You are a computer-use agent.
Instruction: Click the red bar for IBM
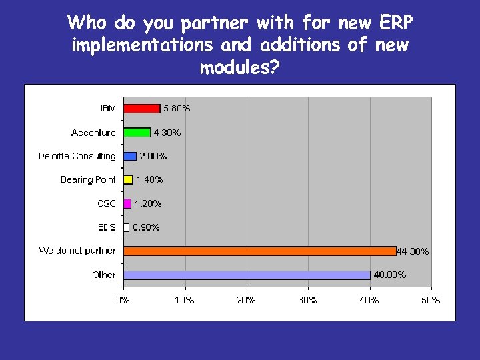pyautogui.click(x=141, y=109)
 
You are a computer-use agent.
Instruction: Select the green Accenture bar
pyautogui.click(x=137, y=133)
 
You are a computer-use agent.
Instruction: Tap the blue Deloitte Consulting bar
pyautogui.click(x=130, y=156)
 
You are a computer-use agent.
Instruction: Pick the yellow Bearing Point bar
pyautogui.click(x=128, y=179)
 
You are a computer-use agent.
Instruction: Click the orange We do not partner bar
pyautogui.click(x=260, y=251)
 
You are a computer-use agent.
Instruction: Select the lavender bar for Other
pyautogui.click(x=247, y=275)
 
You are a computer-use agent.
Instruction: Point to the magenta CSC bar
pyautogui.click(x=127, y=203)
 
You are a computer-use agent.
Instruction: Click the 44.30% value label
pyautogui.click(x=413, y=252)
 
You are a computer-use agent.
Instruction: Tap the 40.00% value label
pyautogui.click(x=389, y=275)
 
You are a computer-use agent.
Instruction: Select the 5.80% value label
pyautogui.click(x=177, y=108)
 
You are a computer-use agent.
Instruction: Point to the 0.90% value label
pyautogui.click(x=146, y=227)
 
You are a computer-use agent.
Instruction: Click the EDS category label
pyautogui.click(x=107, y=227)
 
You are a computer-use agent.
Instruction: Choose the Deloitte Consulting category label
pyautogui.click(x=77, y=156)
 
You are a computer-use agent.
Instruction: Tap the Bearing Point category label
pyautogui.click(x=87, y=179)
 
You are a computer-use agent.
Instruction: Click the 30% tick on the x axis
pyautogui.click(x=307, y=301)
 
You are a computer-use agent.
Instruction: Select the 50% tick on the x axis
pyautogui.click(x=431, y=301)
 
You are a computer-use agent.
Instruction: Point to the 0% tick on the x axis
pyautogui.click(x=123, y=301)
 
